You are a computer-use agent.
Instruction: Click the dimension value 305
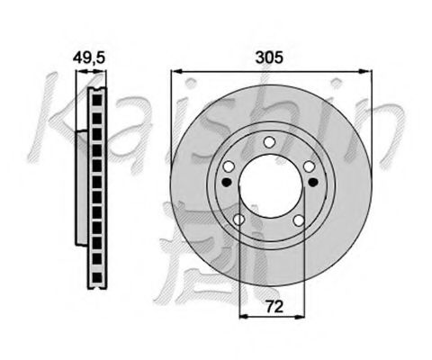coord(270,57)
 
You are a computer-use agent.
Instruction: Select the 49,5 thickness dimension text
coord(89,57)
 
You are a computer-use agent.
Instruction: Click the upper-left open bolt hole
coord(229,165)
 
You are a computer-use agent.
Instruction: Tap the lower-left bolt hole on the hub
coord(239,220)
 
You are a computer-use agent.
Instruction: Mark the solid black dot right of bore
coord(312,184)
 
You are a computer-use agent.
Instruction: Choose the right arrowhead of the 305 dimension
coord(370,69)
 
